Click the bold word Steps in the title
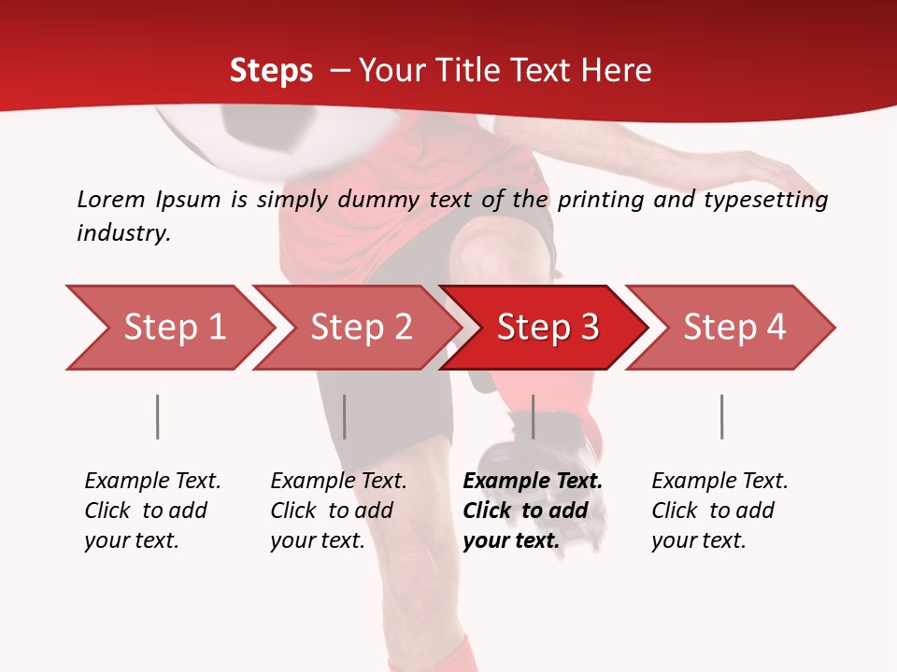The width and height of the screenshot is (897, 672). pos(271,71)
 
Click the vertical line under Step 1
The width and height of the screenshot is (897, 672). pos(157,416)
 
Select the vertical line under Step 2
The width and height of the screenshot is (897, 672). pos(344,416)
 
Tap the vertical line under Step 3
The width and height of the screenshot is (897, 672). pos(533,416)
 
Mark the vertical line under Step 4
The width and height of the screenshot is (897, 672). pos(721,416)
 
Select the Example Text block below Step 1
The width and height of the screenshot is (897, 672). pos(152,510)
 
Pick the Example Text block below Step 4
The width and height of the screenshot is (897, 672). pos(719,510)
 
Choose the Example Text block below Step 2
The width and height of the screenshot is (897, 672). pos(338,510)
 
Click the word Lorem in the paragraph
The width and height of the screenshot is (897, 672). pos(110,200)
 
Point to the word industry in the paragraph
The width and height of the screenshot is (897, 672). pos(122,233)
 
